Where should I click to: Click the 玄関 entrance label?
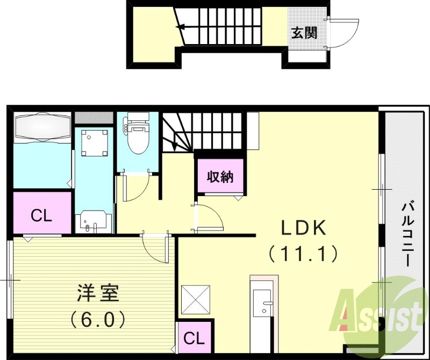coord(304,32)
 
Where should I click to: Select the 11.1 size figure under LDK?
coord(304,253)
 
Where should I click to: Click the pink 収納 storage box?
coord(220,177)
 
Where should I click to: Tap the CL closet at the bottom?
coord(194,339)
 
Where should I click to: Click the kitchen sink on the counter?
coord(263,304)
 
